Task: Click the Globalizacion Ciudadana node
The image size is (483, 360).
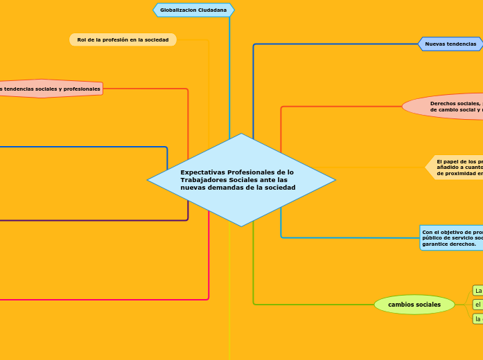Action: (x=193, y=10)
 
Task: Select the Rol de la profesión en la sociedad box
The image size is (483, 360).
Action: (x=123, y=40)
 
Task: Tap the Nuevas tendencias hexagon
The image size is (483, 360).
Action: (x=450, y=44)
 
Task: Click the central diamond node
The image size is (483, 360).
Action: (x=241, y=180)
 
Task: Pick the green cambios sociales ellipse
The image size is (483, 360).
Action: (x=414, y=305)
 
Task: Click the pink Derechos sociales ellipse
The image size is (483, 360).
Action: (x=444, y=107)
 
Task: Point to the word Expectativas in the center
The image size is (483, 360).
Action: (x=202, y=172)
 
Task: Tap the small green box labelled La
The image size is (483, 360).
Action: (x=478, y=290)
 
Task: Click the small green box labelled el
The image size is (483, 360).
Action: (x=478, y=305)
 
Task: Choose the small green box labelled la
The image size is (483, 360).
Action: (x=478, y=318)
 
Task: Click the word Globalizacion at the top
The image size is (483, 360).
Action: (x=177, y=10)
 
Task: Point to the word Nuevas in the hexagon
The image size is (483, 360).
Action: (x=435, y=44)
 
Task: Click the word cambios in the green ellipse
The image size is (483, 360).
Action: (x=401, y=305)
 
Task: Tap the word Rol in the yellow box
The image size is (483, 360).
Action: (x=82, y=40)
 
